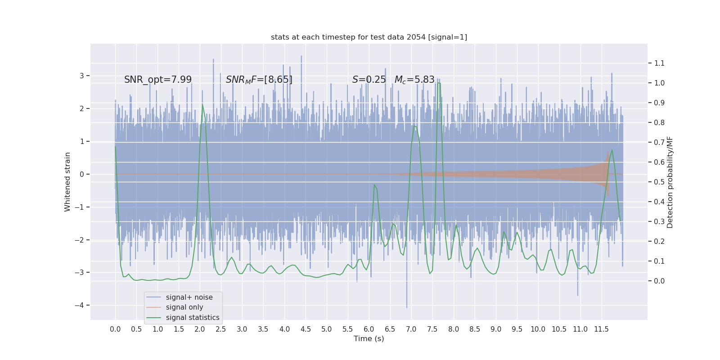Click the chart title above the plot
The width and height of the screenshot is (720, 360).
[369, 37]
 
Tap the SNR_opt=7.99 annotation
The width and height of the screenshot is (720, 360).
[158, 80]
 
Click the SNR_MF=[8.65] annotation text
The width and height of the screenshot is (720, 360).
[259, 80]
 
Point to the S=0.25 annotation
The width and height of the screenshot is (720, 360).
[369, 80]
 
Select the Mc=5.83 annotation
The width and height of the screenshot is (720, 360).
[414, 80]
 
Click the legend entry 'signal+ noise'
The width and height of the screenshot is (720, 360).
[189, 297]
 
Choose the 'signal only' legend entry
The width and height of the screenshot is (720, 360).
[184, 307]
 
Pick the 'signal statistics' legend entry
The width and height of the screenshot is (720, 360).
[193, 318]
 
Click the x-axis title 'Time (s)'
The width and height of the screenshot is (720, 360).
[369, 339]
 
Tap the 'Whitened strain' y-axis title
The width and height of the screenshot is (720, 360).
[67, 182]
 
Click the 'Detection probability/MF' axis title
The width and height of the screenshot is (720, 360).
[670, 182]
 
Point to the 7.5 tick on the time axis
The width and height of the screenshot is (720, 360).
[432, 329]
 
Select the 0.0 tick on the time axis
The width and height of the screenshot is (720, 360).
[115, 329]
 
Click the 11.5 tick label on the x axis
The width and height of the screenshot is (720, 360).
[601, 329]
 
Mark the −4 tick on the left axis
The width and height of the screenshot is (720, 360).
[81, 306]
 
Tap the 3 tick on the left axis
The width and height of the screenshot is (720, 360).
[82, 76]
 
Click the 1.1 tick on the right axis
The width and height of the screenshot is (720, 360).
[659, 63]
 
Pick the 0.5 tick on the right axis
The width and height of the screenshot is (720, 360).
[659, 182]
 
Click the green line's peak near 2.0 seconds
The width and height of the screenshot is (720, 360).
[202, 105]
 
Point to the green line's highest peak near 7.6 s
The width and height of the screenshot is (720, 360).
[439, 83]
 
